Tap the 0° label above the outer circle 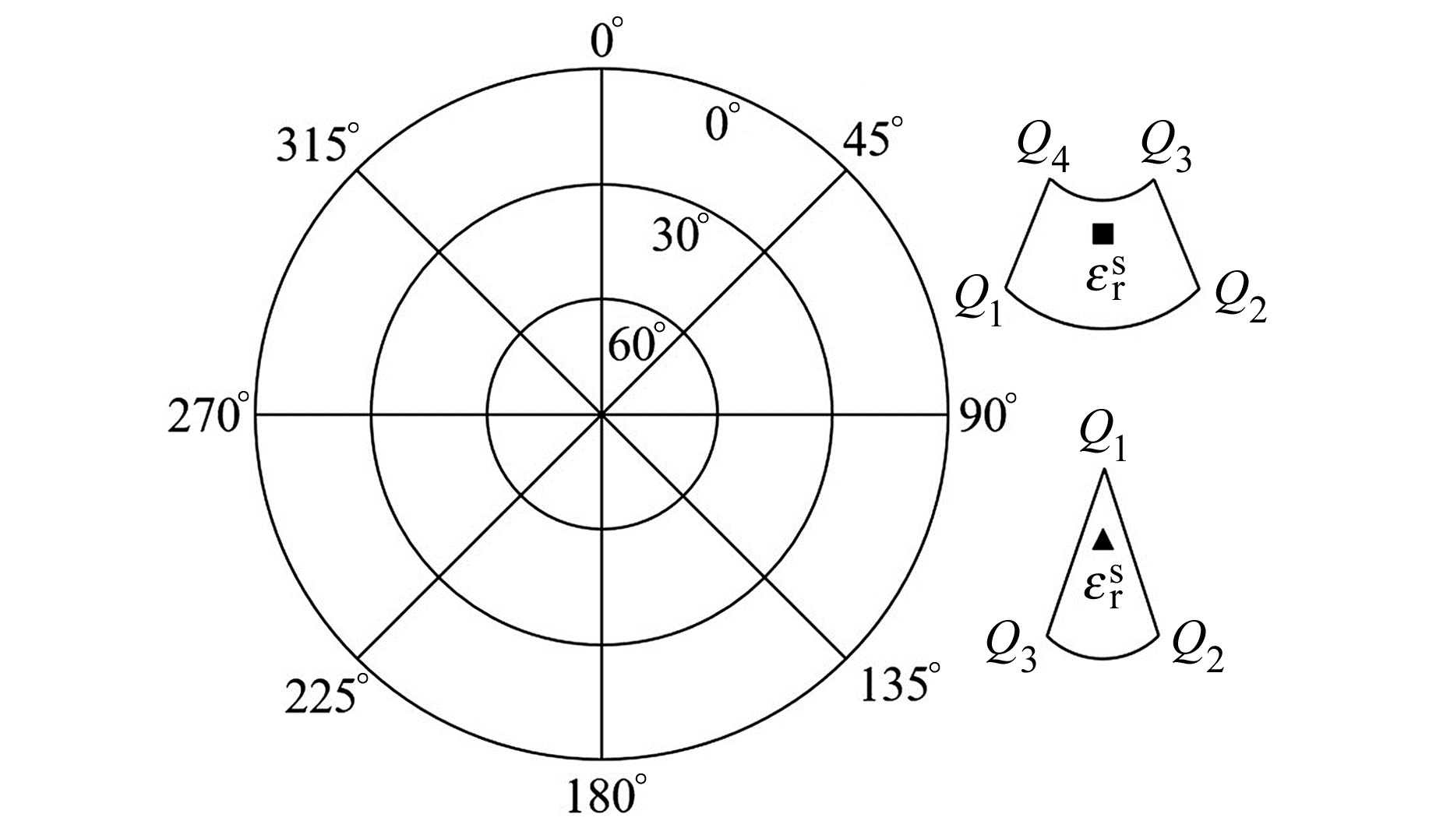pos(607,39)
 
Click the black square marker pos(1103,233)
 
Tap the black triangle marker pos(1103,539)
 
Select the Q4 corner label pos(1043,149)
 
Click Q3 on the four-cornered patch pos(1166,149)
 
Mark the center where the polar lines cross pos(602,415)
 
